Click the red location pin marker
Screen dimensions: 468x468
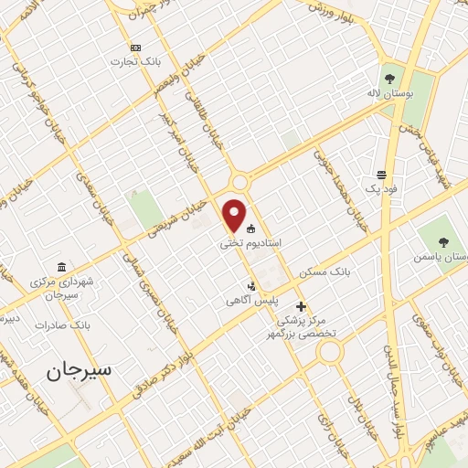[x=235, y=215]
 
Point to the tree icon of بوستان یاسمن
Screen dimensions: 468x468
[x=443, y=242]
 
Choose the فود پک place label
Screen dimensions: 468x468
[x=378, y=187]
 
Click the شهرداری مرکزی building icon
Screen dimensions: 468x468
[x=61, y=267]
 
